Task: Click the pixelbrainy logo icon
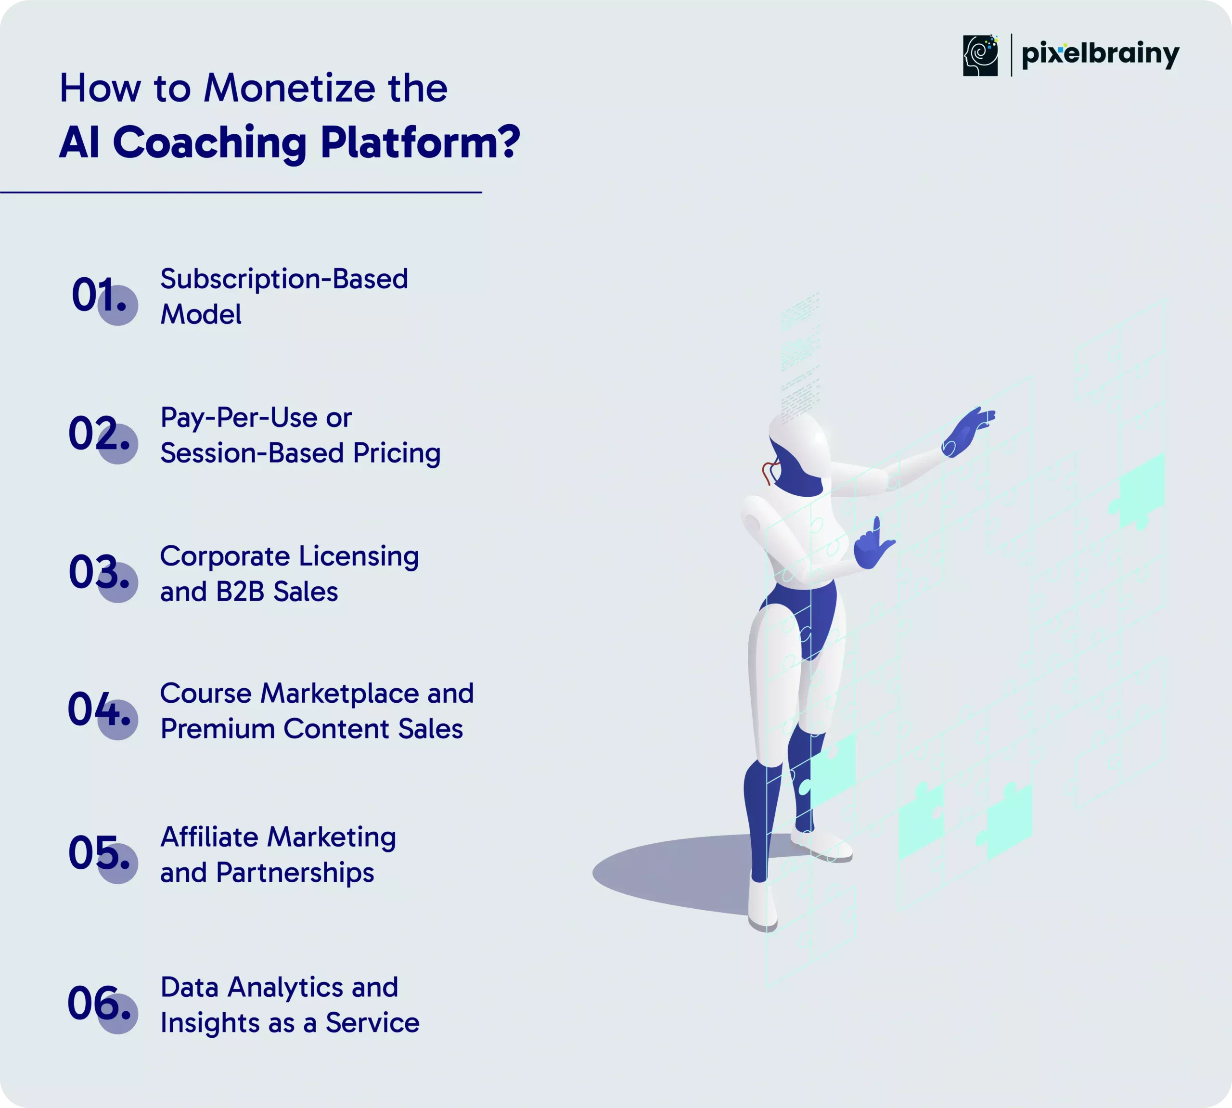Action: pyautogui.click(x=980, y=55)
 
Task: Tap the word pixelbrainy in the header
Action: pyautogui.click(x=1101, y=55)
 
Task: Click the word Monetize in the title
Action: pyautogui.click(x=290, y=88)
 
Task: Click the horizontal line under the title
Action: pyautogui.click(x=241, y=193)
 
